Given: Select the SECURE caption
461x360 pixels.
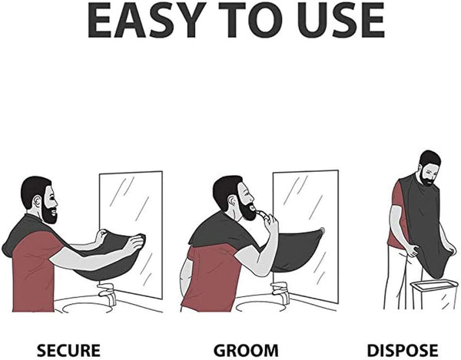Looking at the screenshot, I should click(x=69, y=350).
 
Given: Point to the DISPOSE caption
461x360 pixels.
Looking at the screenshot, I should click(x=402, y=350).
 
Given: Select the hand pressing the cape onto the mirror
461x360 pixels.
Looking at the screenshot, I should click(x=135, y=243).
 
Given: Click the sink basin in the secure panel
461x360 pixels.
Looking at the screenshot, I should click(x=85, y=305).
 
